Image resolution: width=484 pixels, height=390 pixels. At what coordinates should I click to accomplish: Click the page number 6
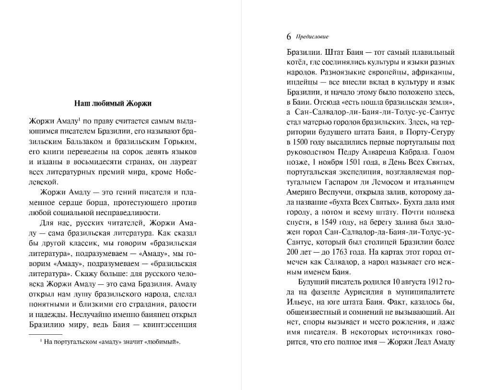pos(288,37)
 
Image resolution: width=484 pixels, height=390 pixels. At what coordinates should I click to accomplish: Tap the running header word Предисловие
pos(313,37)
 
